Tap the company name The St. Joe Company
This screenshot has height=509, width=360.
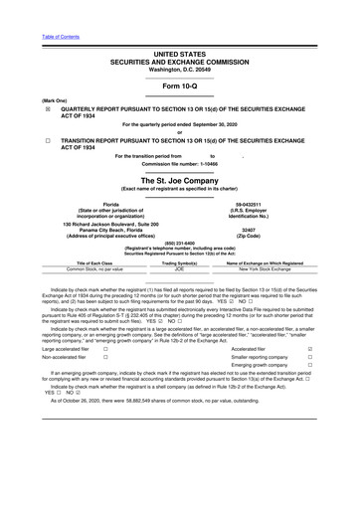click(180, 180)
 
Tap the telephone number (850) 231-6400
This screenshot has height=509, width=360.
click(180, 244)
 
